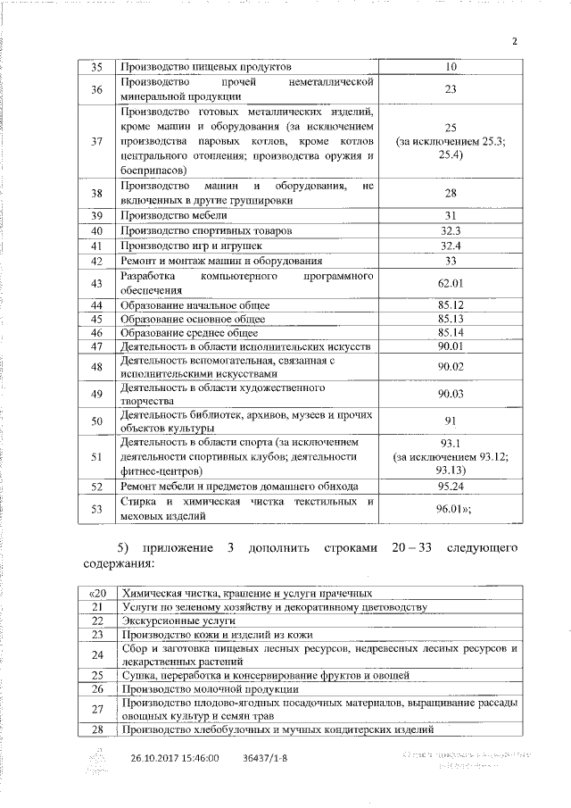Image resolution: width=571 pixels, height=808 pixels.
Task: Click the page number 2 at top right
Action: coord(515,40)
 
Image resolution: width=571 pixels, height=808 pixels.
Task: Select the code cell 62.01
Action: coord(450,284)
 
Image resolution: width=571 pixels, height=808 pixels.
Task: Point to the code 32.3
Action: coord(450,231)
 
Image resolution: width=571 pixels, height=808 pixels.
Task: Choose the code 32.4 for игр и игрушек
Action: coord(450,246)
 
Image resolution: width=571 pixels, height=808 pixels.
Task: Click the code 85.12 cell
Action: coord(450,305)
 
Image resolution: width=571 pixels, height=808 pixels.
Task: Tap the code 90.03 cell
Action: coord(450,394)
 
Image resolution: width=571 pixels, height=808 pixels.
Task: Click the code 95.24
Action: coord(450,487)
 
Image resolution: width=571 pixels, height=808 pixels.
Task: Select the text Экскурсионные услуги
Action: coord(166,620)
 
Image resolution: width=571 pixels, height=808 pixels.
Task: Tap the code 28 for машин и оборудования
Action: coord(450,194)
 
